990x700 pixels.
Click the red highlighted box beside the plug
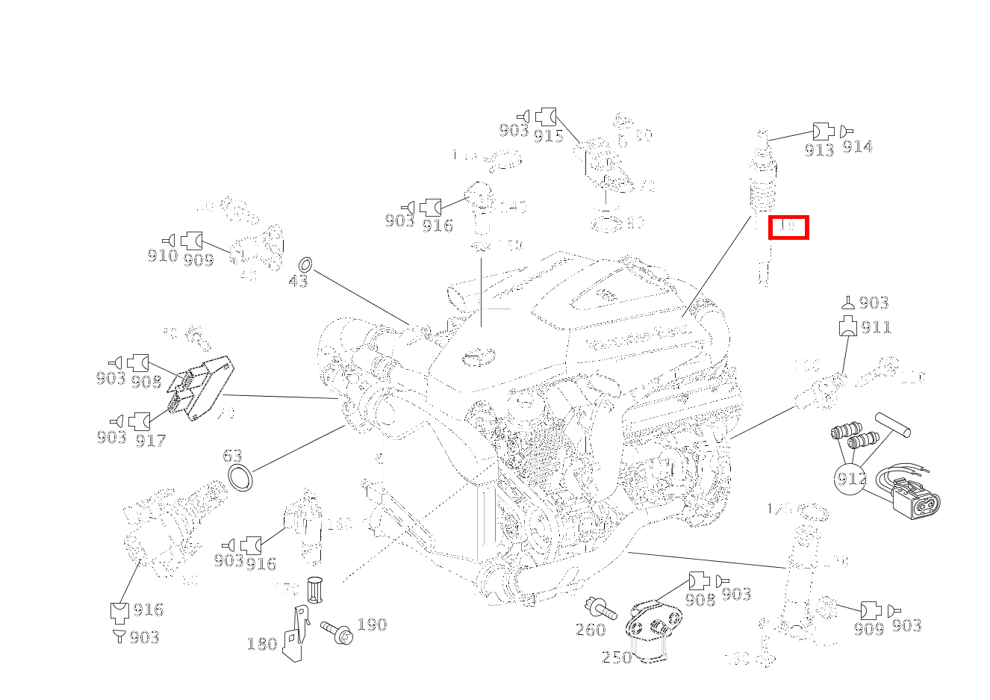pos(788,227)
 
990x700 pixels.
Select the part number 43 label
pos(298,282)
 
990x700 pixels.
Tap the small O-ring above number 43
pos(305,264)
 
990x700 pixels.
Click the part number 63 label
pos(232,456)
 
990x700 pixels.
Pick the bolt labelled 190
pos(337,632)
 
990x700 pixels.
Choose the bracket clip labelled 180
pos(296,634)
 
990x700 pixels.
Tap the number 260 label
pos(590,630)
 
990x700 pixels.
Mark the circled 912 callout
pos(850,479)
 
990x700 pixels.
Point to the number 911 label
pos(876,327)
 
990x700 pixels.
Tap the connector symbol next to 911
pos(848,326)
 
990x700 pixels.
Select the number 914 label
pos(857,147)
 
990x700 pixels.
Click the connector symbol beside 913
pos(822,131)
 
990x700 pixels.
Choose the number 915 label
pos(548,135)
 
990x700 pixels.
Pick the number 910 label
pos(162,256)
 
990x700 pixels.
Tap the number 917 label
pos(150,441)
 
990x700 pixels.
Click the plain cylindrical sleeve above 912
pos(892,424)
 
